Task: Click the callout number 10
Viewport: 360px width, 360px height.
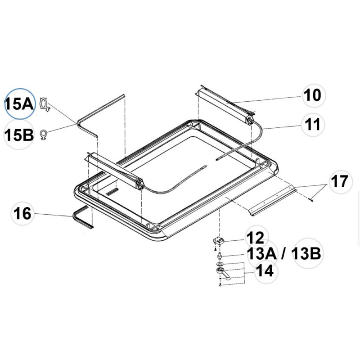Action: click(x=312, y=95)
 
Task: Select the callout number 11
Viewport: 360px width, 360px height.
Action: click(x=312, y=125)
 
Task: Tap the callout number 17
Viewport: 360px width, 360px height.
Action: click(x=340, y=181)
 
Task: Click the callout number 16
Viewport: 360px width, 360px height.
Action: click(x=22, y=213)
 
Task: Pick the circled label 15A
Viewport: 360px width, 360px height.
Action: click(x=19, y=104)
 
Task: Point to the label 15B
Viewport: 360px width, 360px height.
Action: click(x=19, y=135)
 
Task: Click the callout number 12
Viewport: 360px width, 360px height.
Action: click(x=256, y=238)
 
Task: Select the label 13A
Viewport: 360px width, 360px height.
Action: click(x=262, y=253)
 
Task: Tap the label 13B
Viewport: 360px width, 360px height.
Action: click(x=306, y=253)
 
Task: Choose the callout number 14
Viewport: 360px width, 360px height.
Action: click(x=265, y=270)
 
